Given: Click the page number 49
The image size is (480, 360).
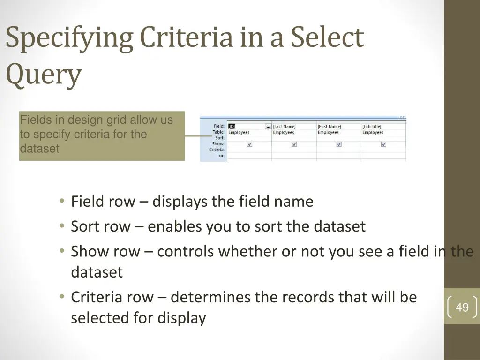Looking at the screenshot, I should [462, 307].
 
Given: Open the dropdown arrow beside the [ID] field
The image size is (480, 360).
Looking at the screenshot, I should [268, 127].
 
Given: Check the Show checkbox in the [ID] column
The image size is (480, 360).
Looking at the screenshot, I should [249, 144].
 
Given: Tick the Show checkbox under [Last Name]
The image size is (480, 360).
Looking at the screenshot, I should [294, 144].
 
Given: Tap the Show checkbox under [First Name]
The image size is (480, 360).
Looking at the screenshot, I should [338, 144].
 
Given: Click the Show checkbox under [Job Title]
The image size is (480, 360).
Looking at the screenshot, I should [383, 144].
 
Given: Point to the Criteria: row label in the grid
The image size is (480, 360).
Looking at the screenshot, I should [217, 150].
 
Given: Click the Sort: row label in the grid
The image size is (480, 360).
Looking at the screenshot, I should [219, 138].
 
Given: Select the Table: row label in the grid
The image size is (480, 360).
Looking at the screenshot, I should [218, 132].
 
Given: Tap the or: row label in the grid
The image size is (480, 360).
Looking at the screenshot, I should [221, 156].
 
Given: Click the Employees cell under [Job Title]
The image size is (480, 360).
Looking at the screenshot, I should [373, 133].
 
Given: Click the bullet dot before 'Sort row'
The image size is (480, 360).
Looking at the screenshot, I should [62, 226].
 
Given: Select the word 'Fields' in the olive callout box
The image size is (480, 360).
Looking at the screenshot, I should [33, 120].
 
